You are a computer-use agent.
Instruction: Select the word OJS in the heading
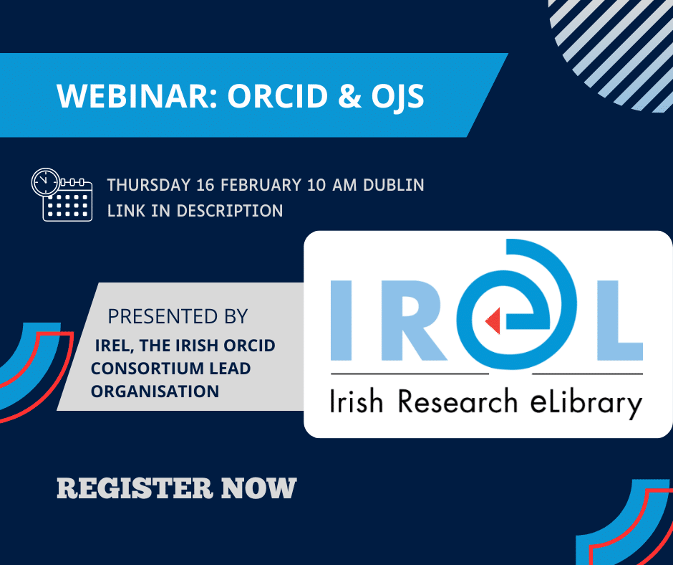coord(397,96)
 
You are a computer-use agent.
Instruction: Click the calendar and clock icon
coord(62,195)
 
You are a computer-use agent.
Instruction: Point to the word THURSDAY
coord(148,185)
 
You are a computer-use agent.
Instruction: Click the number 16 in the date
coord(205,185)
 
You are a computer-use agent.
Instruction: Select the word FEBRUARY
coord(261,185)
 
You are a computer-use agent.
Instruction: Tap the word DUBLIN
coord(394,185)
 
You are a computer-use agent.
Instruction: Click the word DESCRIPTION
coord(230,211)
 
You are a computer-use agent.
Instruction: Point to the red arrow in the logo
coord(493,321)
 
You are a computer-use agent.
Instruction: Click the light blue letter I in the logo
coord(342,321)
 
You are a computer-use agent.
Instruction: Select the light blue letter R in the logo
coord(411,321)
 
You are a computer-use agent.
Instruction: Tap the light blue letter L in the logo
coord(620,321)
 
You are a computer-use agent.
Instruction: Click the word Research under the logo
coord(457,402)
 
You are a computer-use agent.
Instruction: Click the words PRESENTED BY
coord(178,316)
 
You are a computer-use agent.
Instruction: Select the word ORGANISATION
coord(155,391)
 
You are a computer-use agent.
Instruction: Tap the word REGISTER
coord(135,488)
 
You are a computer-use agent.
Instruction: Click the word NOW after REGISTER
coord(258,488)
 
